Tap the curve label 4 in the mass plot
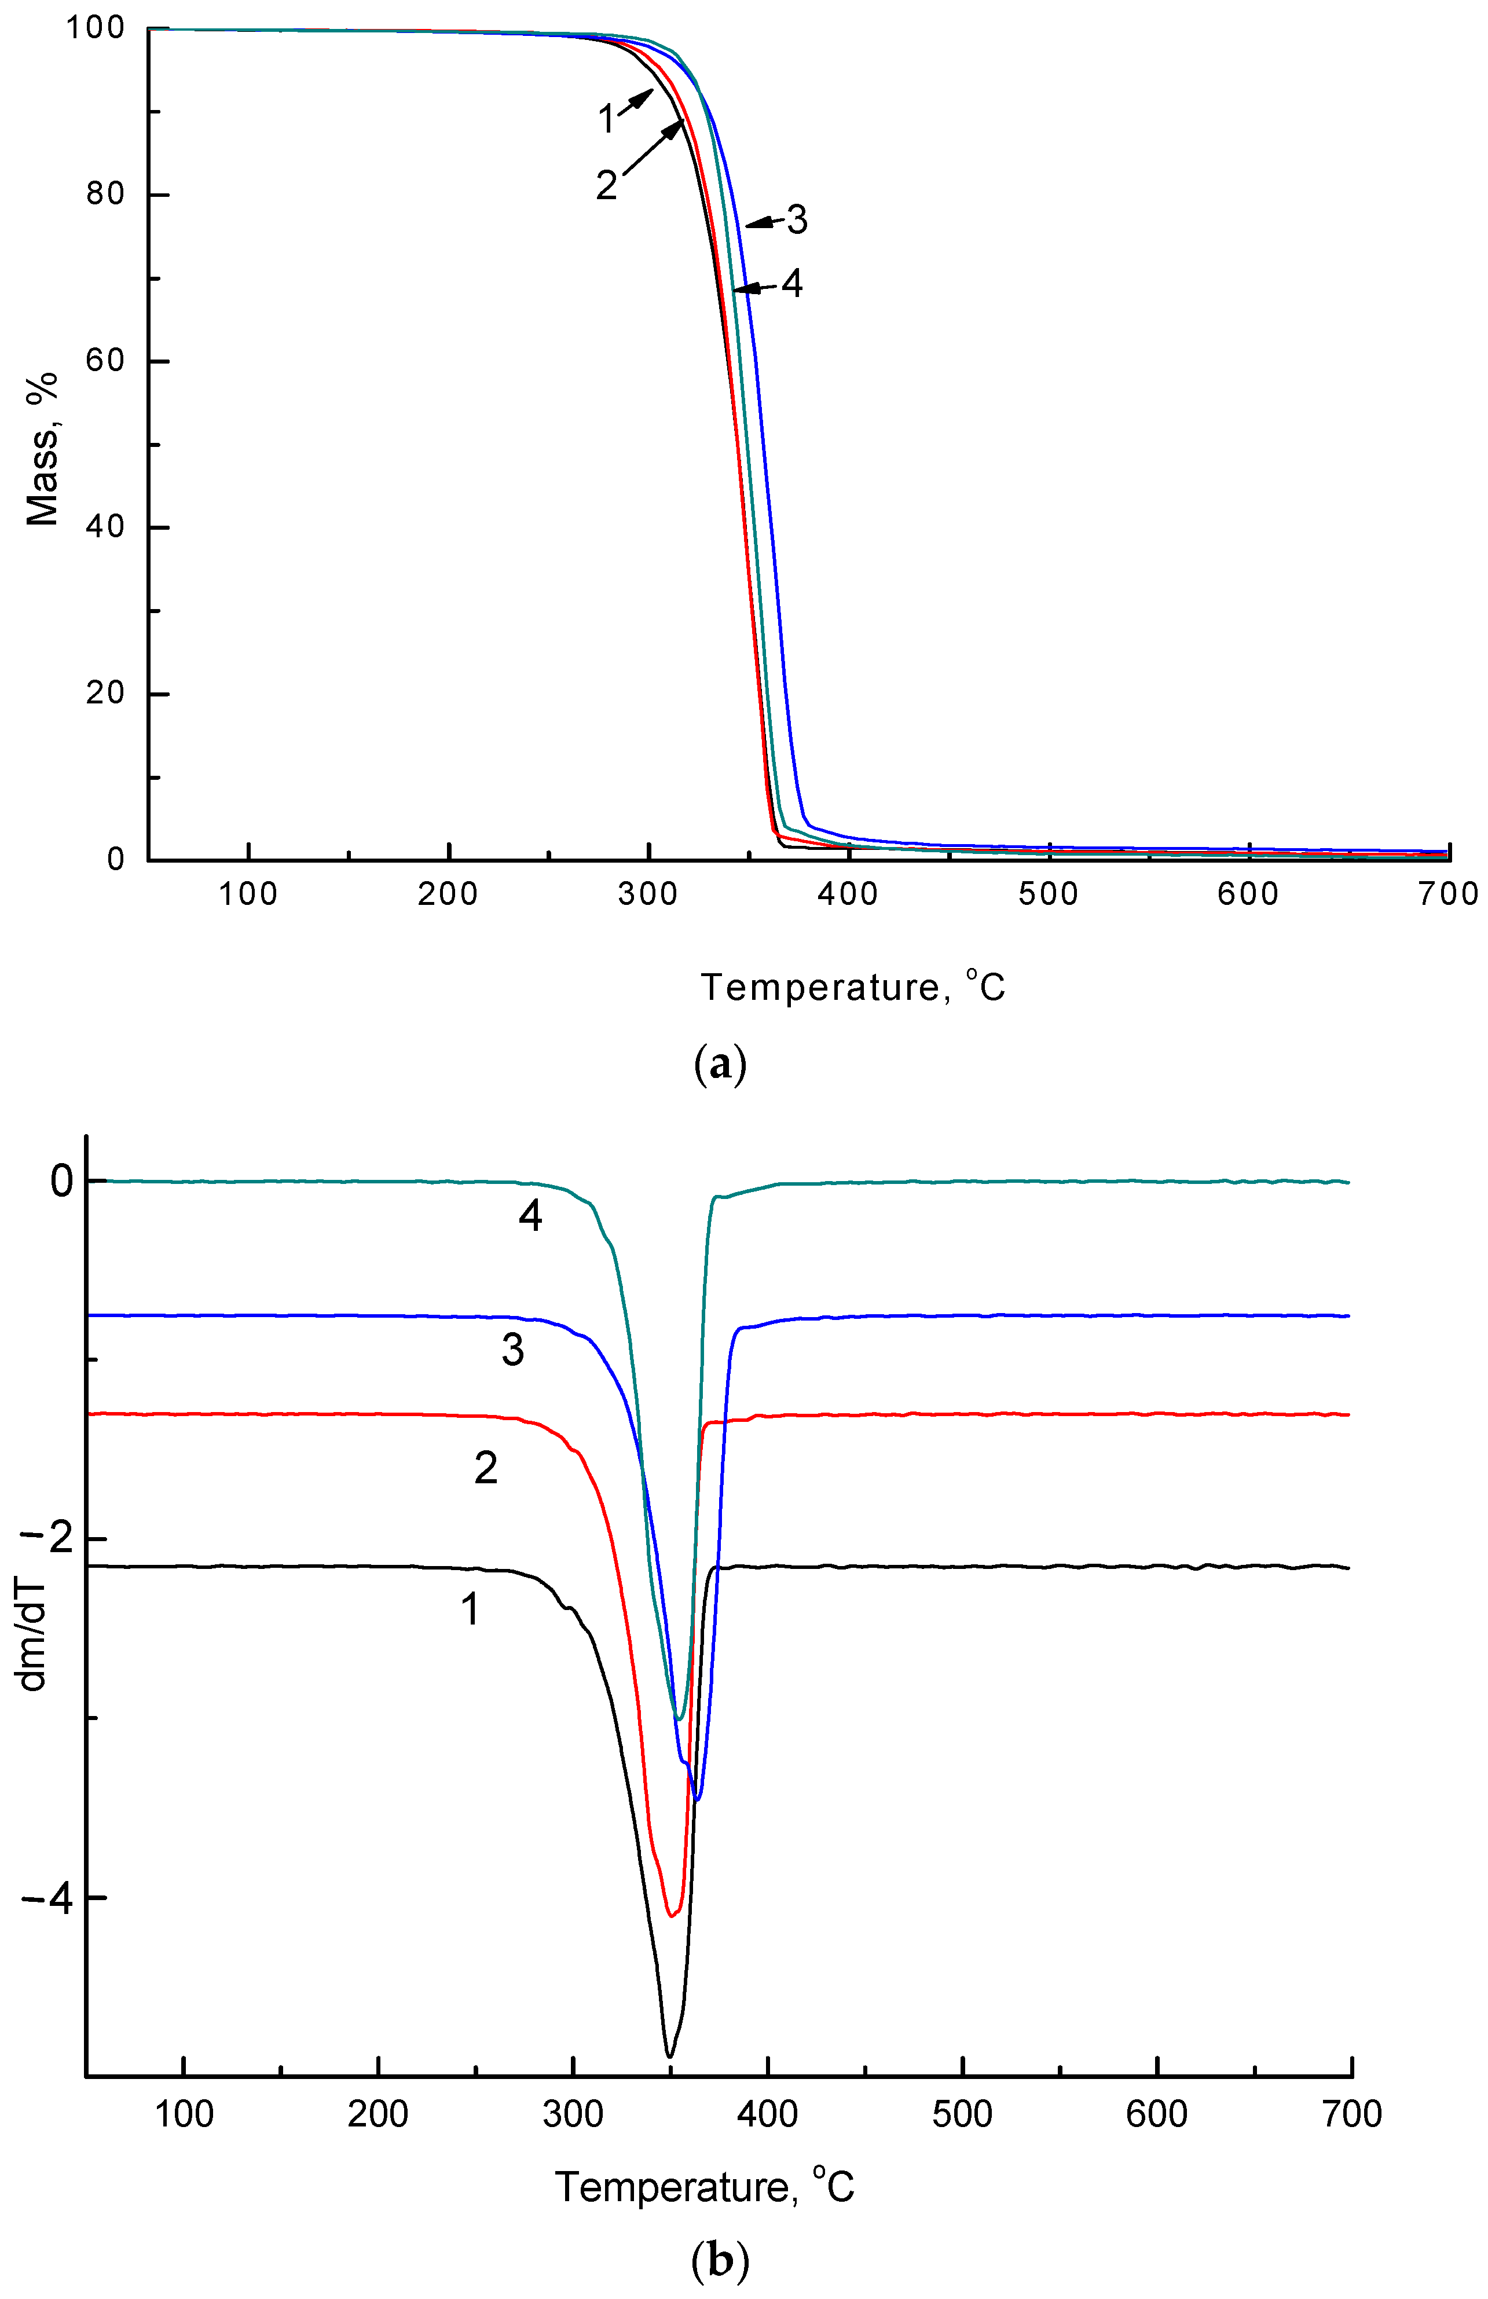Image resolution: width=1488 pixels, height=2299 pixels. (792, 284)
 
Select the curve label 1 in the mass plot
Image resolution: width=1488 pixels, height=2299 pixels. (606, 120)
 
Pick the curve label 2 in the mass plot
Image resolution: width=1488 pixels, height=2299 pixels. (606, 185)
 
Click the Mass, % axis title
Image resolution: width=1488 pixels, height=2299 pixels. (42, 449)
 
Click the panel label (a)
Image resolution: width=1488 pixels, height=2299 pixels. (721, 1065)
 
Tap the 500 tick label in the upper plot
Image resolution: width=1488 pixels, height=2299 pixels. (1049, 894)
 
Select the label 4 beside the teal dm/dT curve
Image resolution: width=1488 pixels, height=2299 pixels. (530, 1217)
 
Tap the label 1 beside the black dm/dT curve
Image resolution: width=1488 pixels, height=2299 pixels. (471, 1609)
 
